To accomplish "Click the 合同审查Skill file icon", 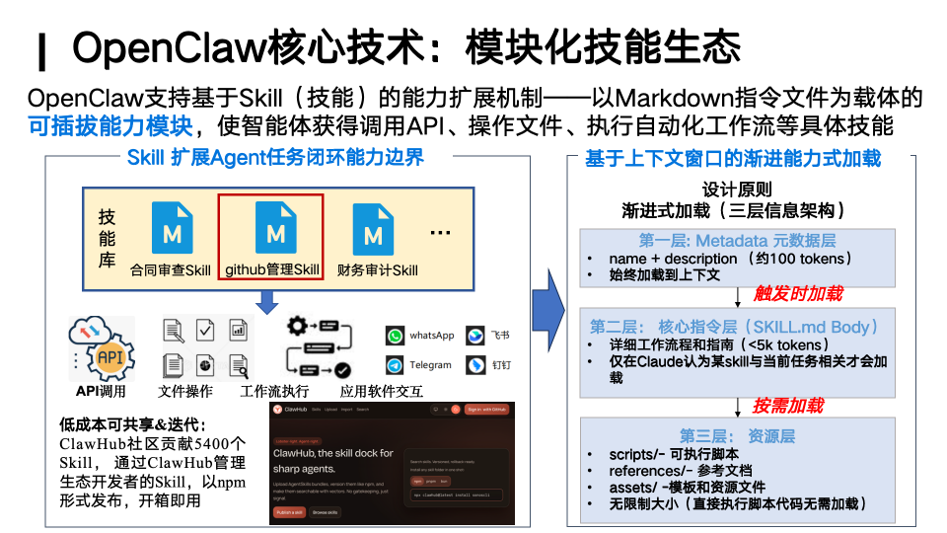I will click(172, 228).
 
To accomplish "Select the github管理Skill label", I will click(272, 269).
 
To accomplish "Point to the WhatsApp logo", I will click(395, 336).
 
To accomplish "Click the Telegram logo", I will click(395, 365).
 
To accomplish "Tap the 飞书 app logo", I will click(476, 336).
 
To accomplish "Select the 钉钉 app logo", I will click(476, 365).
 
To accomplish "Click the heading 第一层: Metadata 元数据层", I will click(737, 241).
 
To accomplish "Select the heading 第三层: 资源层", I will click(737, 435).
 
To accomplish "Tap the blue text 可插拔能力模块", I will click(109, 125).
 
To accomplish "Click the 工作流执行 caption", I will click(276, 391).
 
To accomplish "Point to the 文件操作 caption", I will click(185, 391).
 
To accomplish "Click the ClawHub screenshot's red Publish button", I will click(288, 512).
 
